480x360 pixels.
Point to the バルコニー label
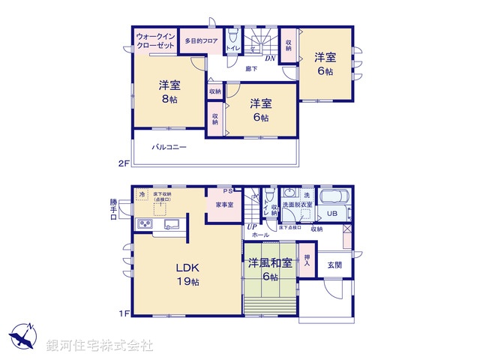coord(169,147)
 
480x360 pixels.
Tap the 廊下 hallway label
coord(252,69)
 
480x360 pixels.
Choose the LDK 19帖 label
coord(187,274)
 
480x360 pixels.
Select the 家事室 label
coord(224,204)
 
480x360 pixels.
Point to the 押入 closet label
coord(307,261)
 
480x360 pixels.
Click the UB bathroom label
coord(331,213)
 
